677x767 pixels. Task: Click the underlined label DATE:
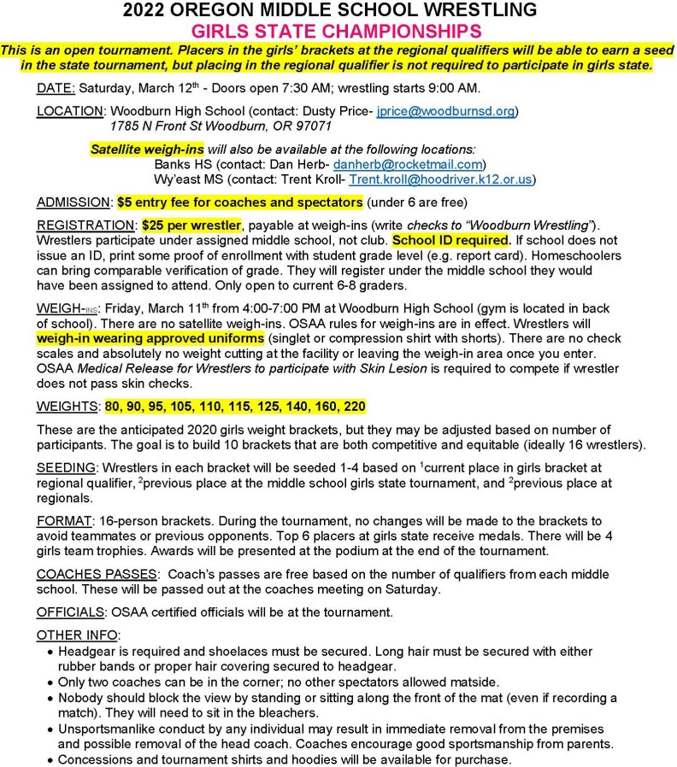tap(56, 89)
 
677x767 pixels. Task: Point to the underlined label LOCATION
tap(69, 111)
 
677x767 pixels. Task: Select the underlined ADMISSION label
tap(74, 202)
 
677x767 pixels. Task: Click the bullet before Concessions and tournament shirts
tap(50, 758)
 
